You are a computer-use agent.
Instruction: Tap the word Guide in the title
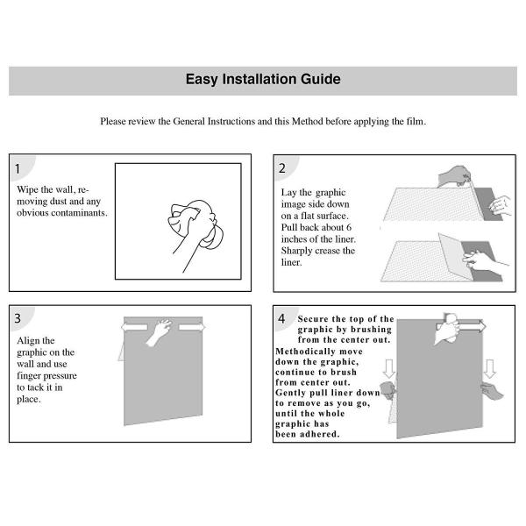tap(320, 79)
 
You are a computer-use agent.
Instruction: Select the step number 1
tap(18, 168)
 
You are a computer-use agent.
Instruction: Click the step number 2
tap(282, 168)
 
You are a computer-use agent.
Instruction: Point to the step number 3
tap(18, 318)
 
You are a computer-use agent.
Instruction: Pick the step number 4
tap(281, 318)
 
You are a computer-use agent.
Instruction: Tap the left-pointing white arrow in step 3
tap(134, 327)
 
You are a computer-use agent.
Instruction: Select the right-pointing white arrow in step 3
tap(191, 327)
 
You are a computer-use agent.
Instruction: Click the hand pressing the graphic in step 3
tap(159, 332)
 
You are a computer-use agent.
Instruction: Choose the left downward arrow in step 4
tap(389, 369)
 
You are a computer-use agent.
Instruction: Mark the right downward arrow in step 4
tap(490, 369)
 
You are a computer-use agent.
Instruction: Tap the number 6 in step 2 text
tap(349, 227)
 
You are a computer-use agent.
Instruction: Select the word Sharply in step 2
tap(296, 252)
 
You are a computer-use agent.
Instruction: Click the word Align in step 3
tap(28, 341)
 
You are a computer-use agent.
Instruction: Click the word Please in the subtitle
tap(113, 121)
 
